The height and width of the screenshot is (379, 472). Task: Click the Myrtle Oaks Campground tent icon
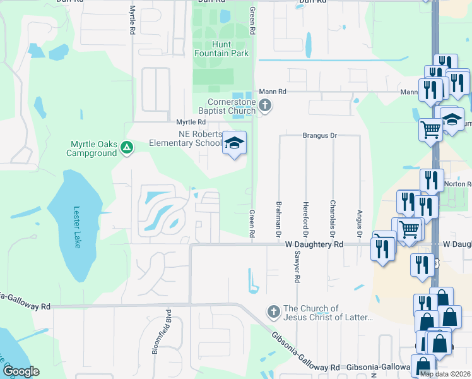(127, 148)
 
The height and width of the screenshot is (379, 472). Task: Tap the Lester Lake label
(77, 227)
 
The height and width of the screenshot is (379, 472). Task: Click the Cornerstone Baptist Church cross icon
(265, 105)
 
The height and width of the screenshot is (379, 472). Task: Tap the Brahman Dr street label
(279, 219)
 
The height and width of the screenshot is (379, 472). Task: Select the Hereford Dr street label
(305, 219)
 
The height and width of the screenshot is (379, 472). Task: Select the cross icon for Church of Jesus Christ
(274, 311)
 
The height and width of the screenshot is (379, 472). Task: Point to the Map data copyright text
(445, 374)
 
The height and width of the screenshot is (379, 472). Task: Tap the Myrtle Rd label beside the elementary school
(191, 122)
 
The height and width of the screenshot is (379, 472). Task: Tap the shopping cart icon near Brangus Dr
(431, 129)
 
